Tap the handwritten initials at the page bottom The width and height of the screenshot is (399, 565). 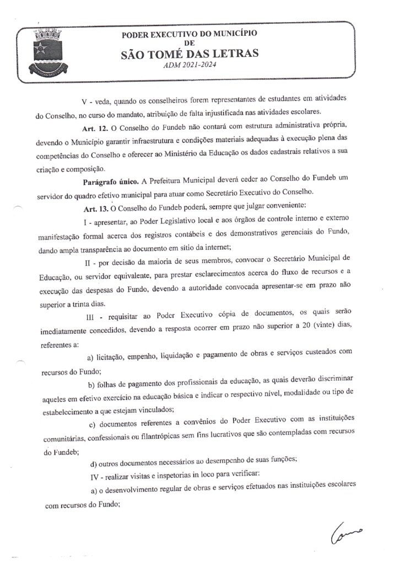(x=348, y=532)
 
